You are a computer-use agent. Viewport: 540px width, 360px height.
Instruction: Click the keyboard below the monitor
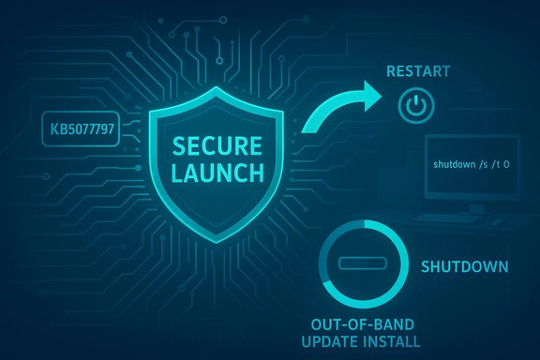click(x=458, y=216)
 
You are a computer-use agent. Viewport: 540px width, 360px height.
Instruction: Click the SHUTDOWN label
click(x=466, y=266)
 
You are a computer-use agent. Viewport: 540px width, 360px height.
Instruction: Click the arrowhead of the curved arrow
click(x=370, y=93)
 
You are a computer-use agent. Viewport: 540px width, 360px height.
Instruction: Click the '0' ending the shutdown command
click(x=505, y=164)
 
